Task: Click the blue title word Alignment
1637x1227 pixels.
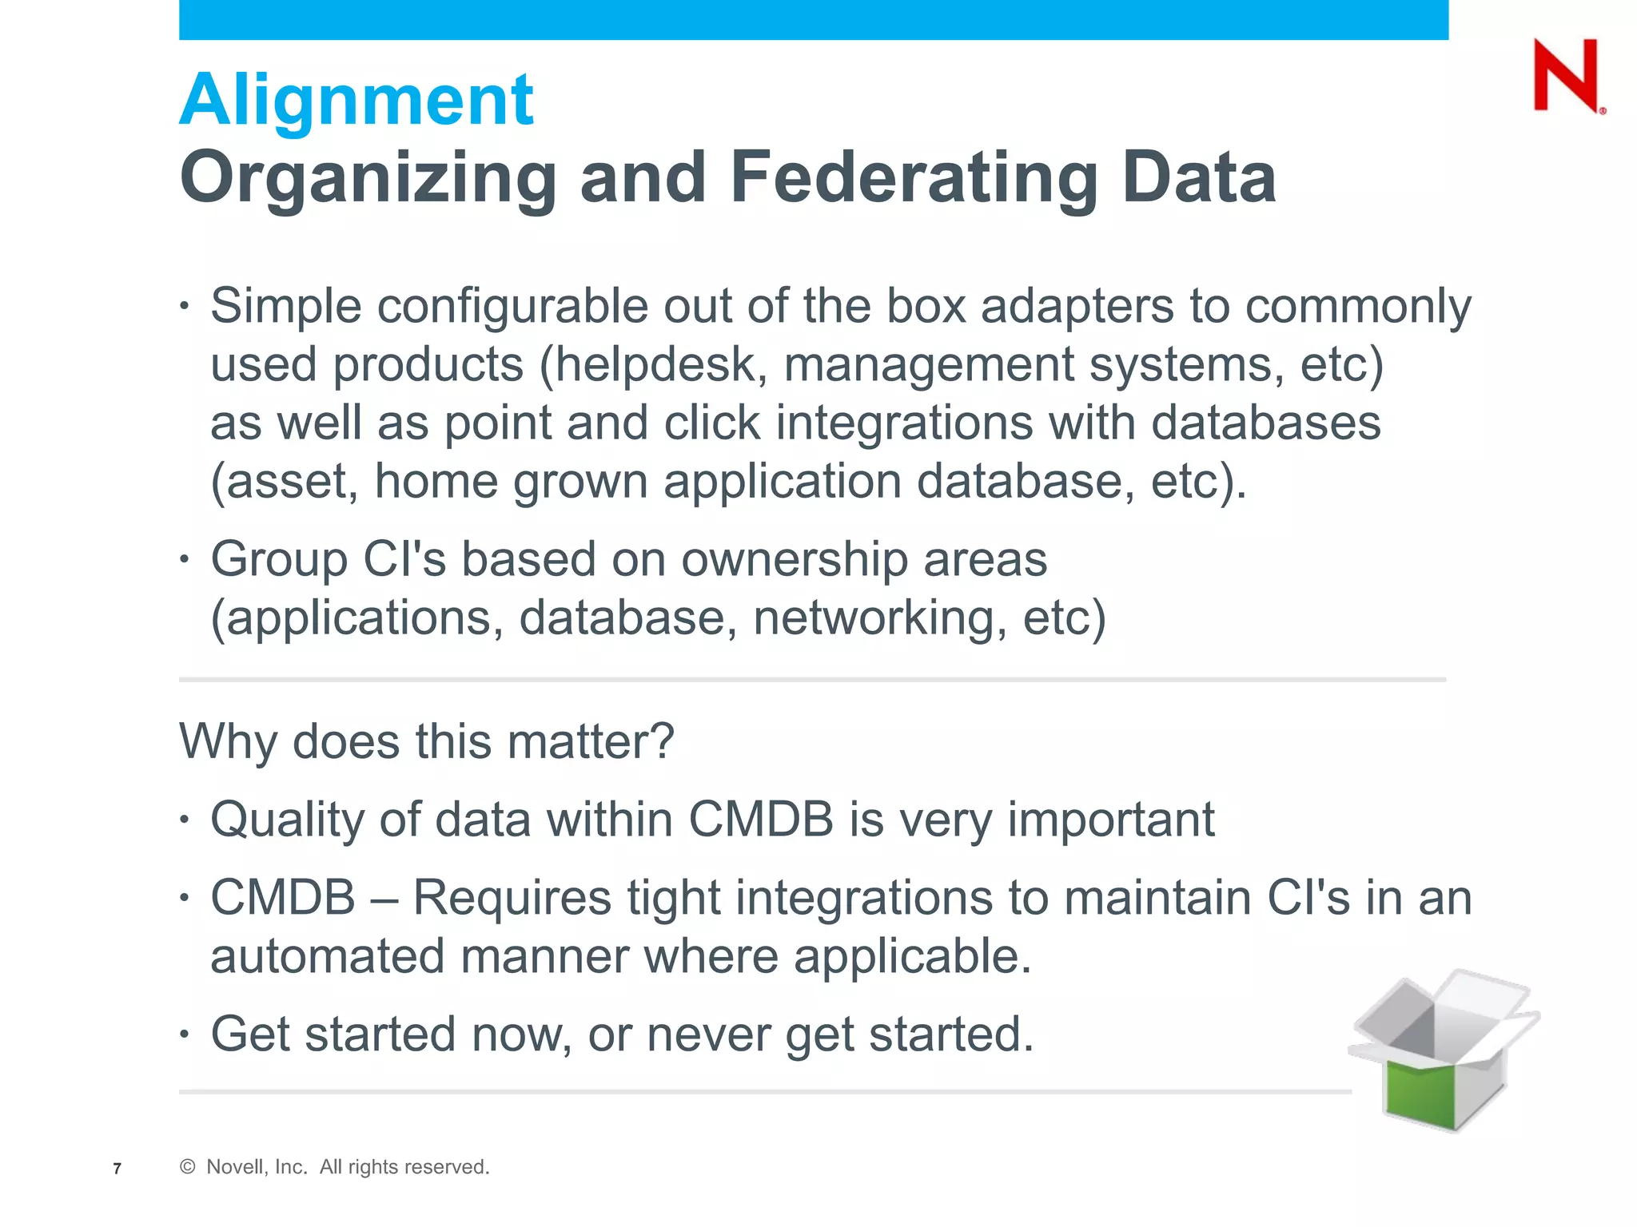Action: click(x=356, y=101)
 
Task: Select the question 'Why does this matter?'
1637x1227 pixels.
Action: click(x=427, y=741)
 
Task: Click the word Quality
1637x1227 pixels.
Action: click(x=287, y=820)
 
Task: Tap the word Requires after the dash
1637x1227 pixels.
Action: click(x=512, y=898)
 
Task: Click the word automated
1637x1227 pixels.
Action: click(x=327, y=956)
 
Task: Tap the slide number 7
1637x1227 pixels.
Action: click(x=117, y=1169)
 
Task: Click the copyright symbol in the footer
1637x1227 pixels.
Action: click(x=188, y=1167)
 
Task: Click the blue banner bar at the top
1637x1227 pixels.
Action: click(x=813, y=19)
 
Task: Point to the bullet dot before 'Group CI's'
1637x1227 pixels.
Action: click(x=185, y=559)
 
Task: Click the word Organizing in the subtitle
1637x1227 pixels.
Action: click(x=368, y=179)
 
